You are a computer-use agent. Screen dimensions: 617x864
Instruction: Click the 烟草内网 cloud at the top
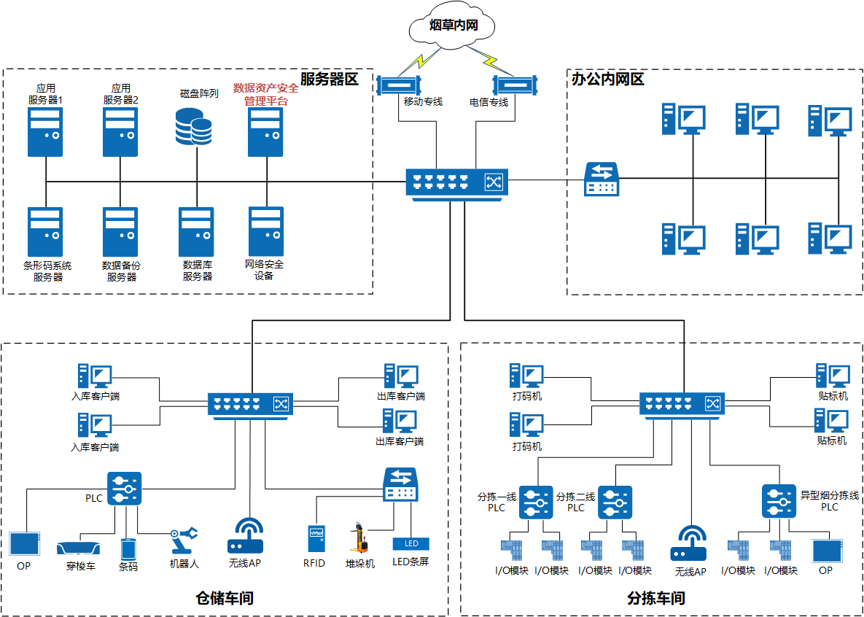453,26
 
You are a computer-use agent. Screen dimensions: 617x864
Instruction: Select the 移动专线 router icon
400,85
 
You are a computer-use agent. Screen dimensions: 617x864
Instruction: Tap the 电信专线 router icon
515,85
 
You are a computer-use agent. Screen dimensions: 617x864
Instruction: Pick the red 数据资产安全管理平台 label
265,94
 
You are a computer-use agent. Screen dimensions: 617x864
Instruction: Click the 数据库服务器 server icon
196,231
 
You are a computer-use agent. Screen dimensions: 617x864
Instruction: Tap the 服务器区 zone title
330,79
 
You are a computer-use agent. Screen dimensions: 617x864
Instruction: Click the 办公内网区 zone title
608,79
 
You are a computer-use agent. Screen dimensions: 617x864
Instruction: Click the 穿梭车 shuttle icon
77,548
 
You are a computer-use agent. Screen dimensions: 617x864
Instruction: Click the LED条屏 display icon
411,543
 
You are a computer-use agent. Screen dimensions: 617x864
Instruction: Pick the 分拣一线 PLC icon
536,502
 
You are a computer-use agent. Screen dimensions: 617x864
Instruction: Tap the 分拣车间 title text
656,599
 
